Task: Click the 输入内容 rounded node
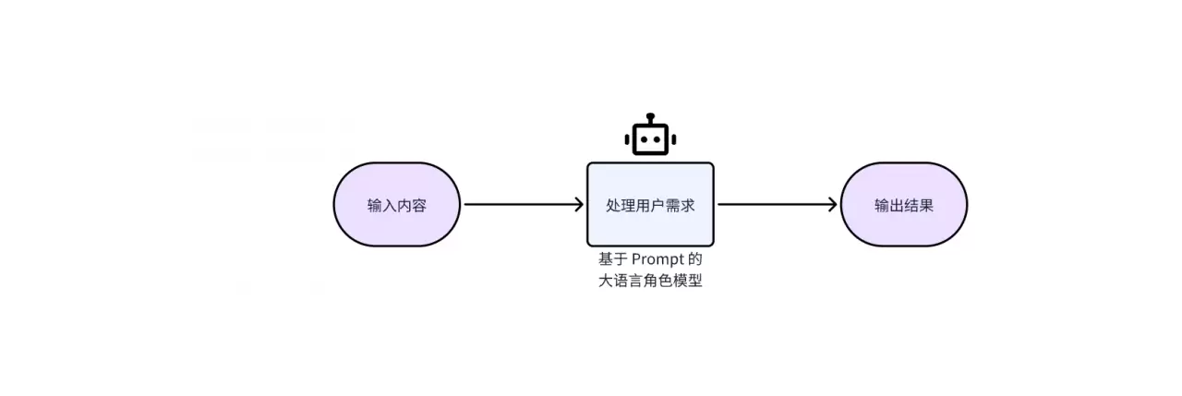397,205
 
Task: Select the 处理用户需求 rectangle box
650,205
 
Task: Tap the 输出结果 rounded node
904,205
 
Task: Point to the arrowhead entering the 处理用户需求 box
579,205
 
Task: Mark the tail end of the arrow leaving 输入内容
466,205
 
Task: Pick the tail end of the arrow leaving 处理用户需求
720,205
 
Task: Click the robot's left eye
643,140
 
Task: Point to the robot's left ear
627,140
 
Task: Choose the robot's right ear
673,140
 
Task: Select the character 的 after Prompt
695,260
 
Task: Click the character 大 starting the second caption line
606,282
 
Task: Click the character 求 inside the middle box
688,205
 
